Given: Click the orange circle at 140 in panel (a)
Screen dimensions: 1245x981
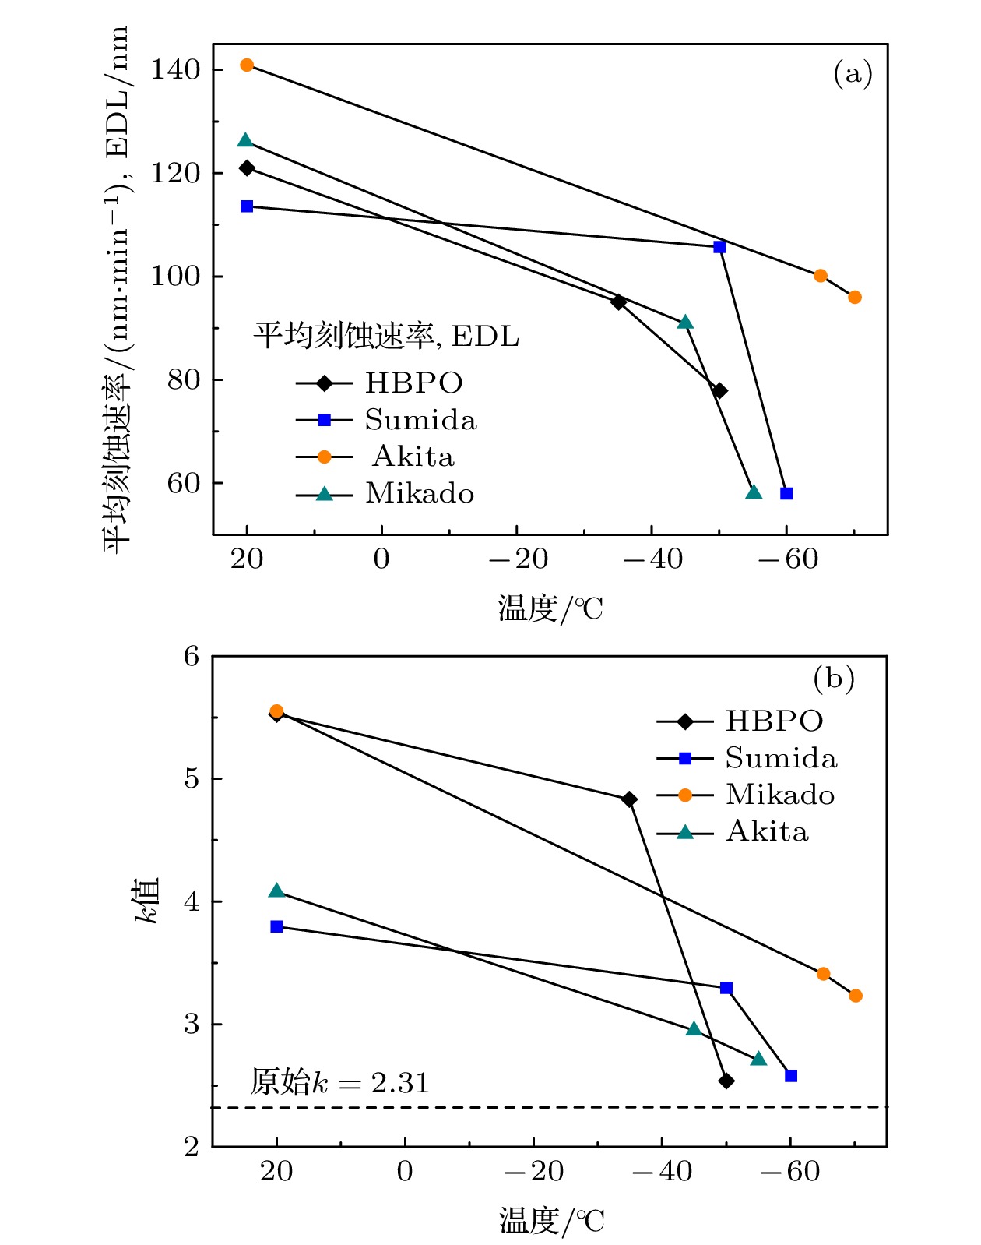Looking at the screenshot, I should (247, 65).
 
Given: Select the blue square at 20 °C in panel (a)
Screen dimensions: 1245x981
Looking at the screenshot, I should (247, 206).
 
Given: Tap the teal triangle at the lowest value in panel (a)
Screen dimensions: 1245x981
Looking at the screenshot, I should (754, 492).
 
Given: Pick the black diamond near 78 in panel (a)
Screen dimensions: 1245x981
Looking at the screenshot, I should (720, 390).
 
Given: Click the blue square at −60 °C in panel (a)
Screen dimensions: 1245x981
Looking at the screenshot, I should (786, 493).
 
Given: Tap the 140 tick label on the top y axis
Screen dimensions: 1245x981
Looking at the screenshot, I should (175, 70).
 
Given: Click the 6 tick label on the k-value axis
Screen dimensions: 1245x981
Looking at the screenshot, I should (192, 657).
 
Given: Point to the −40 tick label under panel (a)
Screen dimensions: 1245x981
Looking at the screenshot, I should (652, 559).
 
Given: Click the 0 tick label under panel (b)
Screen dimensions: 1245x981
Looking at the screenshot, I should (405, 1171).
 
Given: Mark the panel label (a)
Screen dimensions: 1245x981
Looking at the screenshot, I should (853, 75).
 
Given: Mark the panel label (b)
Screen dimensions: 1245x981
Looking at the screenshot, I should (834, 678).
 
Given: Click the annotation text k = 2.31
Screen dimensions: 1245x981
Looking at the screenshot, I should (339, 1083).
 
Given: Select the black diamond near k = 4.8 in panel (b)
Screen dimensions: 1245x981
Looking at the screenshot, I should (629, 799).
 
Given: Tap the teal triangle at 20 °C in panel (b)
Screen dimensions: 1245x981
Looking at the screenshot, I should (276, 891).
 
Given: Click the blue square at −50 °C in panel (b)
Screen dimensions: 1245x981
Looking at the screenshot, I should (726, 988).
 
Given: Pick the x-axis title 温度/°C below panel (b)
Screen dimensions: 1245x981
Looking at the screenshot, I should (551, 1220).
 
